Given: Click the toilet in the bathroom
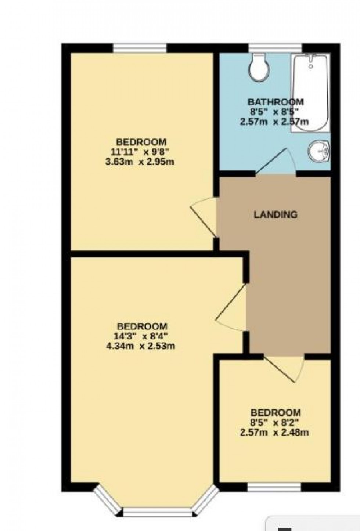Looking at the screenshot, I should click(259, 67).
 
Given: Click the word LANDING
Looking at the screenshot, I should click(276, 214).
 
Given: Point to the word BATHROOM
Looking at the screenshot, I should click(276, 101).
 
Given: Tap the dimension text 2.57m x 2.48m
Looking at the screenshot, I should click(274, 433).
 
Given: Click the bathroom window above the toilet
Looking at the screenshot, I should click(276, 48).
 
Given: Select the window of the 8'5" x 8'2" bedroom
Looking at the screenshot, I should click(274, 487).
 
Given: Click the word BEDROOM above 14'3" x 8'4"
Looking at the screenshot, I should click(142, 326).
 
